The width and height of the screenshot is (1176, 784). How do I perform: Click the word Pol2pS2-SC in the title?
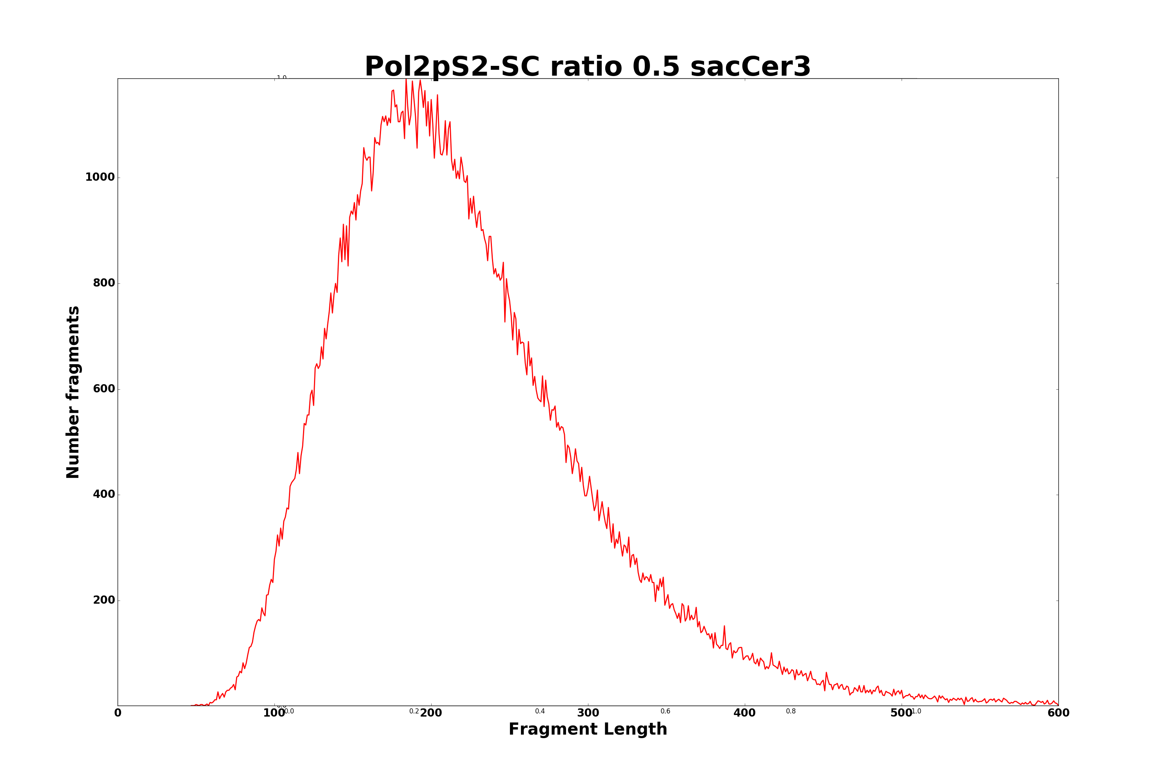[x=452, y=67]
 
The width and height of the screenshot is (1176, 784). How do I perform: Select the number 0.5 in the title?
[x=656, y=67]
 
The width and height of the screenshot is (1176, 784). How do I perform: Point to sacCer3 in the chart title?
[x=750, y=67]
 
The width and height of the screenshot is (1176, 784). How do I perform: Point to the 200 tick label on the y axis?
[x=103, y=600]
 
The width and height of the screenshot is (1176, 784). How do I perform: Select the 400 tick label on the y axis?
[x=103, y=494]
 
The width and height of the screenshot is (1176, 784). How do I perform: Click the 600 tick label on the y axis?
[x=103, y=389]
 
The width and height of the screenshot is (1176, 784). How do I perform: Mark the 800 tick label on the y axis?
[x=103, y=283]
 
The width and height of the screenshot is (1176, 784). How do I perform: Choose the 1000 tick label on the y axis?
[x=100, y=178]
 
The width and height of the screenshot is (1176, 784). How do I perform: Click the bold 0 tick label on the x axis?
[x=118, y=713]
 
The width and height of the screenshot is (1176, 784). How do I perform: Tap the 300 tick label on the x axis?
[x=588, y=713]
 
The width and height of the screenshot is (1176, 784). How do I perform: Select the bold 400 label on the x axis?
[x=744, y=713]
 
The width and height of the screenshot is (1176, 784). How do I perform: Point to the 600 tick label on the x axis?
[x=1058, y=713]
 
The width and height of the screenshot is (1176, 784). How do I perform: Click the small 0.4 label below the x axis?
[x=540, y=711]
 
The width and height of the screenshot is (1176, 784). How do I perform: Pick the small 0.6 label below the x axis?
[x=666, y=711]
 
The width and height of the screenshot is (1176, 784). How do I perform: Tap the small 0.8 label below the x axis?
[x=791, y=711]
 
